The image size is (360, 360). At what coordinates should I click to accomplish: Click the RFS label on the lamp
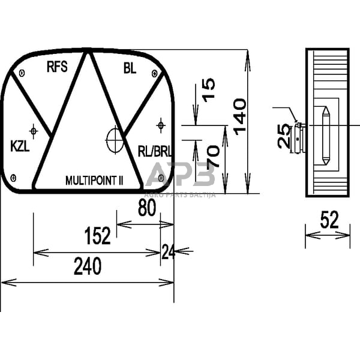click(57, 67)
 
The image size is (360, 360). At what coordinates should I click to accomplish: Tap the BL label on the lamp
click(130, 68)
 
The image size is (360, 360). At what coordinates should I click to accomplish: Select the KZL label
click(22, 146)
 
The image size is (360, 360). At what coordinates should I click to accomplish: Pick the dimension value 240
click(87, 266)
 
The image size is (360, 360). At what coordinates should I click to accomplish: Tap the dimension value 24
click(167, 252)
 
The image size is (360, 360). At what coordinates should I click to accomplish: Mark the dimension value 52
click(329, 221)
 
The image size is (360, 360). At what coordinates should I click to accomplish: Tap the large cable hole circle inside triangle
click(114, 140)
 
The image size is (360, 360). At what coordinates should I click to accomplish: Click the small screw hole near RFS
click(22, 74)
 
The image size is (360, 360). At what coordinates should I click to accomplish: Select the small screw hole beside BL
click(155, 74)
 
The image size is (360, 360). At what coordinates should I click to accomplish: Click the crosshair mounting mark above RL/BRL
click(160, 125)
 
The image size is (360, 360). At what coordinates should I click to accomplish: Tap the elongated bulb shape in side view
click(325, 136)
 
